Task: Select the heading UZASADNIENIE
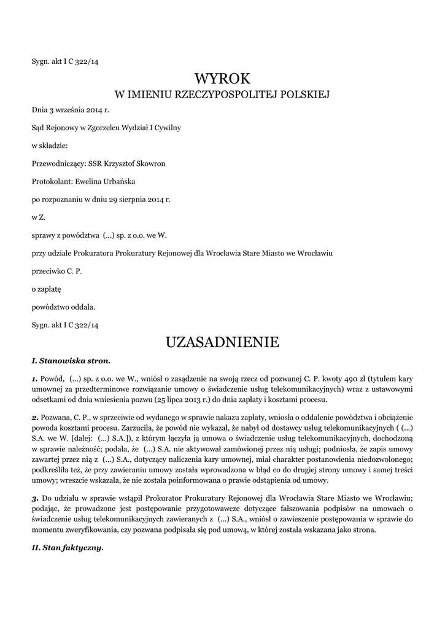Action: pos(222,342)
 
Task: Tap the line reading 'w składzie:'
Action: pos(50,146)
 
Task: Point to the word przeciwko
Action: pos(47,270)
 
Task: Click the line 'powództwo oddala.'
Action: pos(64,306)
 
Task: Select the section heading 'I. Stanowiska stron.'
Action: pos(71,360)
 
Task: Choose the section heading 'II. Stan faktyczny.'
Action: pos(68,548)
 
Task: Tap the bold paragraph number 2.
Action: pos(35,418)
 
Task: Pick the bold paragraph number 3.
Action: pos(35,498)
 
